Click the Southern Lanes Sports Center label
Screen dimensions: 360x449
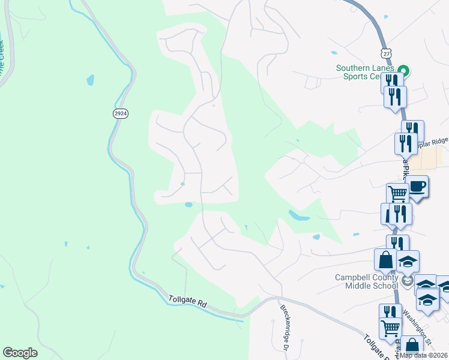click(366, 72)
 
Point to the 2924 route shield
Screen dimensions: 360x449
click(120, 113)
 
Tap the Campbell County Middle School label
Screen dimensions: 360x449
click(366, 281)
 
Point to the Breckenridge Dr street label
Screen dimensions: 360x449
click(286, 320)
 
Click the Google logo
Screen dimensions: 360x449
click(20, 352)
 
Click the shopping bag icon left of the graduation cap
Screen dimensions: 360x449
click(385, 260)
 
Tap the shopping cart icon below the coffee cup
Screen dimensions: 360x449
click(397, 194)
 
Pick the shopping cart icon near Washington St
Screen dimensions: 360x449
click(391, 328)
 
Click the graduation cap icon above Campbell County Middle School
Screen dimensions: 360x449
click(408, 261)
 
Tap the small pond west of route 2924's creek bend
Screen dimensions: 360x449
click(90, 79)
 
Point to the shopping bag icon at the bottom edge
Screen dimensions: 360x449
click(412, 347)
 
